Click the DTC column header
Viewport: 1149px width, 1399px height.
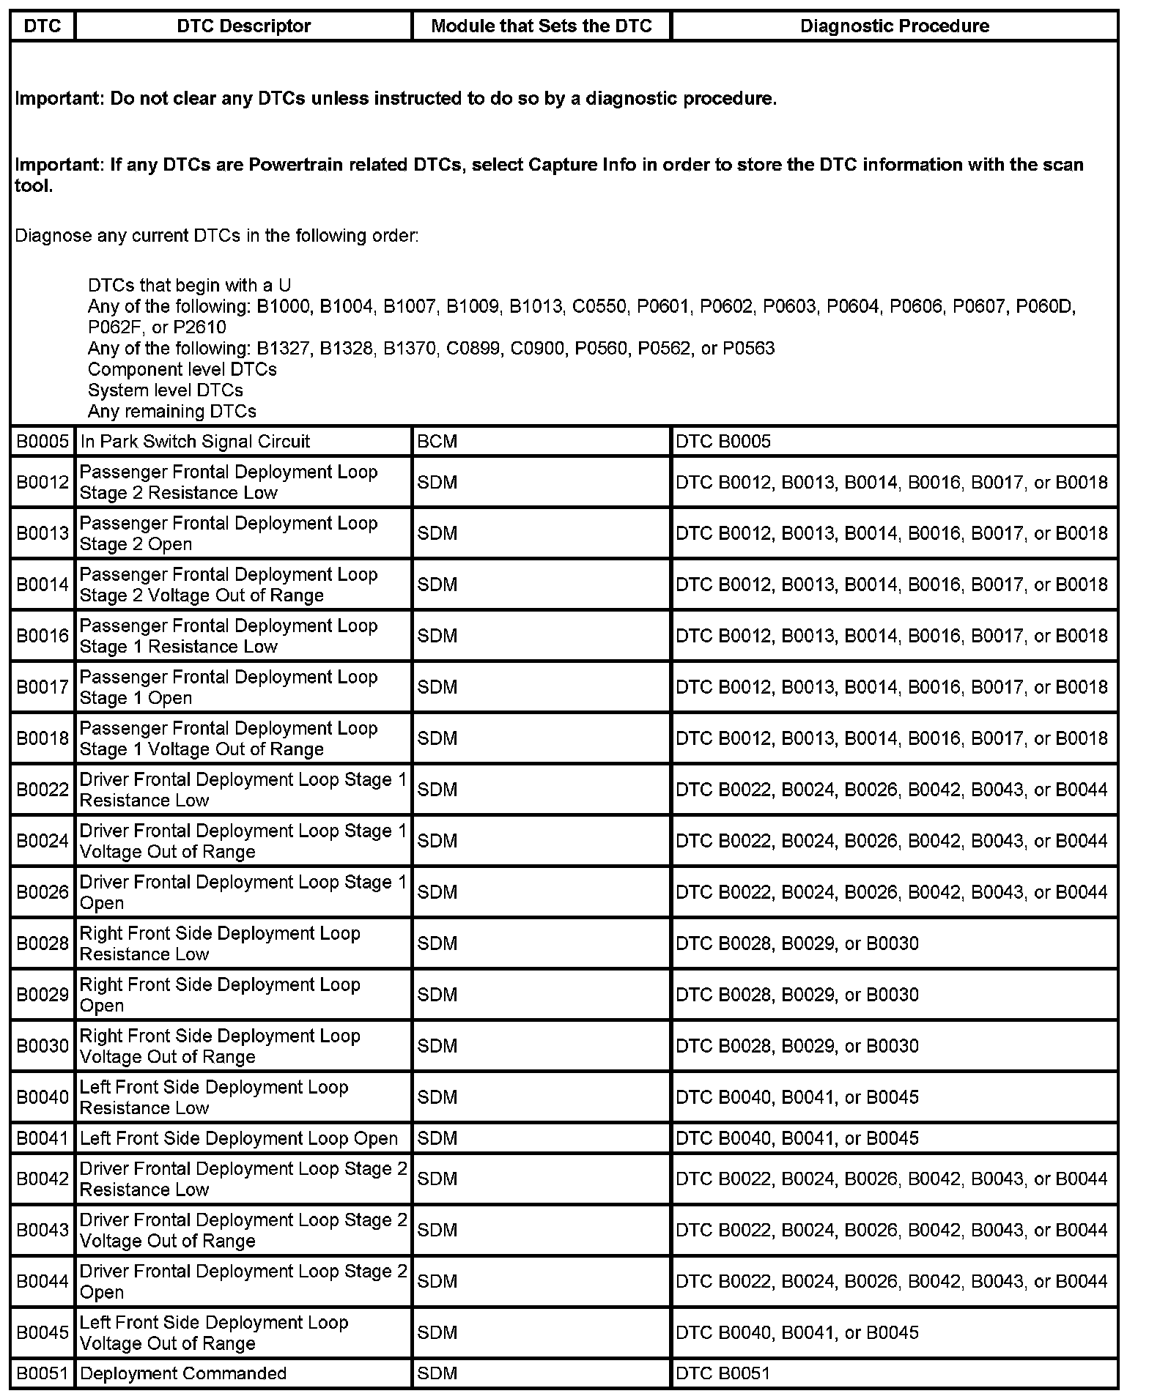point(43,26)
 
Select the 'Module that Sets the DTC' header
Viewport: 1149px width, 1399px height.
point(542,26)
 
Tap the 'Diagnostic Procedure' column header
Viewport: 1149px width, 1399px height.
point(894,26)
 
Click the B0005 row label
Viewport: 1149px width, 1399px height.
point(43,442)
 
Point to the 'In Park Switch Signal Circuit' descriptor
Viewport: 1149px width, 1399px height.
point(195,442)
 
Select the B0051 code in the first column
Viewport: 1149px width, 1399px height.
point(43,1373)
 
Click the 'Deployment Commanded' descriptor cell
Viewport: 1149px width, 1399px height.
point(183,1373)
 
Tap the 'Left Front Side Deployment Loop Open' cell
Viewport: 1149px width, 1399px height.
point(239,1138)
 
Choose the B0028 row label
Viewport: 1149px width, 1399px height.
point(43,943)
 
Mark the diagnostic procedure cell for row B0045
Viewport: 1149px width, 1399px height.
point(797,1332)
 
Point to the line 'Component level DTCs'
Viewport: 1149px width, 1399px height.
point(182,369)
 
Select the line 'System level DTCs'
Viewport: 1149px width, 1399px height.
point(166,390)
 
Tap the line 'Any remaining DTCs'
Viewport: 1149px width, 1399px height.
point(172,412)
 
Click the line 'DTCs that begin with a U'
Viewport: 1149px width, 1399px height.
point(189,286)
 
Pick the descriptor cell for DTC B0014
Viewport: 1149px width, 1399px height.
point(229,585)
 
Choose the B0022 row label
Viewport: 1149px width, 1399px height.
point(43,790)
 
